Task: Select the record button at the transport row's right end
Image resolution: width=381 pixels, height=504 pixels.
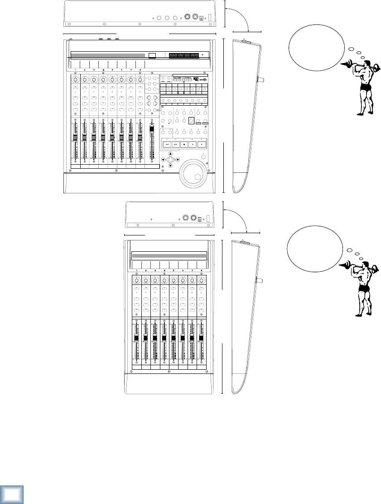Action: click(x=202, y=145)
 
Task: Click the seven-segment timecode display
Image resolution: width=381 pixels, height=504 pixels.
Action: click(x=183, y=55)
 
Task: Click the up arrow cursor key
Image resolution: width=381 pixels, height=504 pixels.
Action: click(x=170, y=154)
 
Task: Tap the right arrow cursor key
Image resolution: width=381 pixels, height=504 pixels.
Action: click(x=178, y=160)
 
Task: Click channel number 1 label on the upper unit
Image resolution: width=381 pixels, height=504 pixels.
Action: click(x=76, y=70)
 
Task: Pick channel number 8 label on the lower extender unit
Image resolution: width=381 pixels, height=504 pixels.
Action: click(x=201, y=270)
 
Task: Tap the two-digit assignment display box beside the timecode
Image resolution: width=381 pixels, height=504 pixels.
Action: click(x=152, y=55)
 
